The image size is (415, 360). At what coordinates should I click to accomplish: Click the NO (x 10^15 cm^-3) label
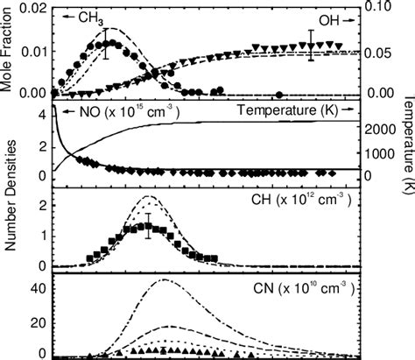click(x=121, y=112)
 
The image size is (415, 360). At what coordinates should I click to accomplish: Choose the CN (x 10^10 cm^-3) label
click(x=294, y=286)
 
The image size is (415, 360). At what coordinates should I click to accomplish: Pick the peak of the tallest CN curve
click(x=164, y=280)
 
